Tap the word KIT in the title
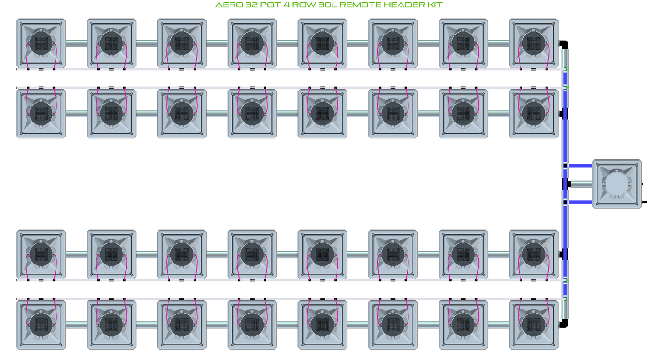tap(434, 5)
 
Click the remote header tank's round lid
tap(617, 184)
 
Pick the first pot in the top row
tap(41, 43)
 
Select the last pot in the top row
tap(533, 43)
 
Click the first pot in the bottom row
tap(41, 325)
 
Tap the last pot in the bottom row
tap(533, 325)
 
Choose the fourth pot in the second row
tap(252, 113)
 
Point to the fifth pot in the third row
tap(322, 254)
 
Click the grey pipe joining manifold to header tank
tap(581, 184)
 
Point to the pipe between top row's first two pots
tap(76, 43)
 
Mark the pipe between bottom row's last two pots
tap(498, 325)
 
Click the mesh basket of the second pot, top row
tap(111, 43)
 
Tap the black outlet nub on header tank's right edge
tap(644, 202)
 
